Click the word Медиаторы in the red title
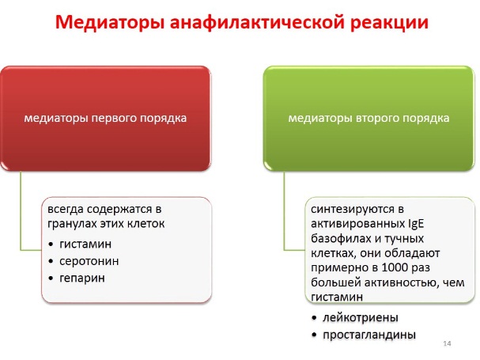tap(110, 22)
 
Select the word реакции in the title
tap(389, 23)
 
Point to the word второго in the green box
tap(378, 118)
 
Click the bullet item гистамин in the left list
tap(85, 244)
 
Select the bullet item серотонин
tap(89, 261)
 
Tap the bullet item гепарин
tap(82, 279)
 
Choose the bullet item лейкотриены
tap(361, 318)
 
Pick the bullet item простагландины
tap(369, 335)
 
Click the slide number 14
tap(447, 343)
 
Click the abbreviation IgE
tap(416, 224)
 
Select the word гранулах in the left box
tap(72, 224)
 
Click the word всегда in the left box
tap(66, 210)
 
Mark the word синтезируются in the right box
tap(353, 210)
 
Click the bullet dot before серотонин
tap(51, 261)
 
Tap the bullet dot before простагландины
tap(314, 335)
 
